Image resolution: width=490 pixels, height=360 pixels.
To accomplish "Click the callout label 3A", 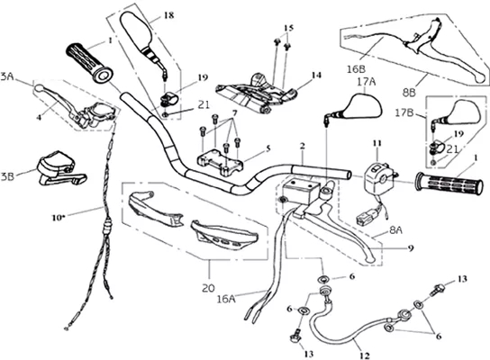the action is [x=7, y=77].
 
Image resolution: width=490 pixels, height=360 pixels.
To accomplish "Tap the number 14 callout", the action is [x=316, y=76].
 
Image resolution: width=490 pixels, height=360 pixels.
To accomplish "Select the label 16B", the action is [x=357, y=69].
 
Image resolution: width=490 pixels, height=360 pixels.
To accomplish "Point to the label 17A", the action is [x=367, y=82].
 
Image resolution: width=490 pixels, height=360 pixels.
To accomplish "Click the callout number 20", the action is [x=208, y=288].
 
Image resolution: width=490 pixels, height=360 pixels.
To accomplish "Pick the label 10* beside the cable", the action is [x=59, y=218].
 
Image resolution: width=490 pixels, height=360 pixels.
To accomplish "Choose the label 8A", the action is [x=395, y=230].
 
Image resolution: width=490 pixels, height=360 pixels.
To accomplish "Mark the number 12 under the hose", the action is [x=365, y=355].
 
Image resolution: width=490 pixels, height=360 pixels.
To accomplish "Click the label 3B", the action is [x=7, y=176].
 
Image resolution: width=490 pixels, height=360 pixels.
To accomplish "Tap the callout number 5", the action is [x=268, y=148].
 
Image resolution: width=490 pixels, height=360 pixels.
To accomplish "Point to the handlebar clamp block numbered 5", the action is [x=220, y=162].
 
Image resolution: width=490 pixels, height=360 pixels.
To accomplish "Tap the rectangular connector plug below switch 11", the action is [x=364, y=218].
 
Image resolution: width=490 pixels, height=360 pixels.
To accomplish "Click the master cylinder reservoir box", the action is [x=301, y=190].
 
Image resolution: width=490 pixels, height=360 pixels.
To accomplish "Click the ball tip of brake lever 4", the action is [x=38, y=87].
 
